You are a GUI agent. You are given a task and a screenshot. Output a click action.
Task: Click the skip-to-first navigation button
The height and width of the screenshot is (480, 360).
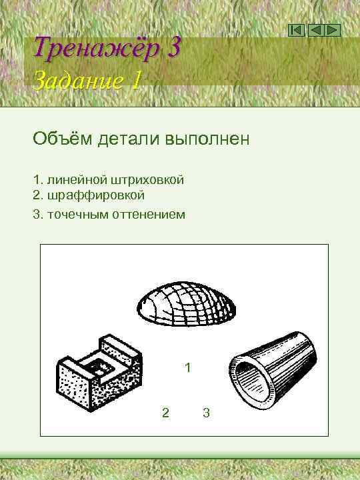(x=297, y=31)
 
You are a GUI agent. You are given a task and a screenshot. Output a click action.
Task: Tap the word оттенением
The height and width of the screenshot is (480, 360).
(x=153, y=215)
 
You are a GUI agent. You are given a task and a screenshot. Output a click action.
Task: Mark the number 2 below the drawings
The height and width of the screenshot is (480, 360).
(x=165, y=413)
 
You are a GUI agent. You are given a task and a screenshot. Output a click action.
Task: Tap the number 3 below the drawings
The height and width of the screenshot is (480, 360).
(x=206, y=413)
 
